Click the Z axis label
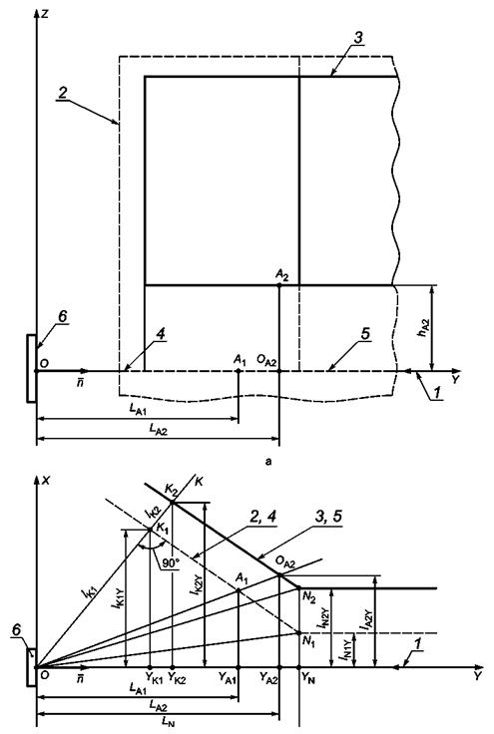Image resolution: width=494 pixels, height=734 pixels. [x=45, y=14]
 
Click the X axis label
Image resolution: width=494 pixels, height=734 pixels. [x=46, y=481]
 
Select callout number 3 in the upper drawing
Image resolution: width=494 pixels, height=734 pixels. [x=357, y=38]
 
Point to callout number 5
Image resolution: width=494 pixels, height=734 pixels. [x=365, y=333]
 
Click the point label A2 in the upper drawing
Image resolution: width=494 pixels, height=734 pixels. [x=281, y=275]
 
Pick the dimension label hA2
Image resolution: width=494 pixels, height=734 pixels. [x=424, y=328]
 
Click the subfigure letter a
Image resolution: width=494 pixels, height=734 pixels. [x=267, y=462]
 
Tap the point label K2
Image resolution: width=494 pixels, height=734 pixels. [x=171, y=490]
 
